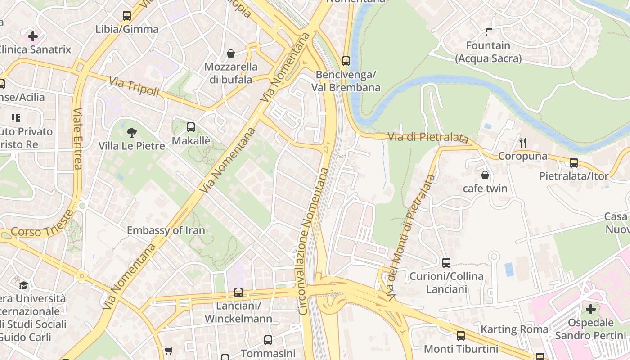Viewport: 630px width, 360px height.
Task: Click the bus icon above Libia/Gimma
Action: [127, 16]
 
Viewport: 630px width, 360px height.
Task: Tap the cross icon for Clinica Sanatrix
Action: [33, 36]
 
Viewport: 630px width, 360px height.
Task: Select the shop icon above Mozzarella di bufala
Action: [231, 54]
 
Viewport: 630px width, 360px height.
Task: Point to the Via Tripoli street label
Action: [134, 86]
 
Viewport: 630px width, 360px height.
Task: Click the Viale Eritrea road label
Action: [77, 139]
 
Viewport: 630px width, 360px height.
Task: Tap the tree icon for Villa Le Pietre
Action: [132, 132]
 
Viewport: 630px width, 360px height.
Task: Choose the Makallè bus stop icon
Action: [191, 127]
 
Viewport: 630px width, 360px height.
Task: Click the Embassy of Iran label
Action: [166, 230]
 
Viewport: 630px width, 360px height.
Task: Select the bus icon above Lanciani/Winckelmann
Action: [238, 292]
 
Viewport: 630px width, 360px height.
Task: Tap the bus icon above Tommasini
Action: [268, 340]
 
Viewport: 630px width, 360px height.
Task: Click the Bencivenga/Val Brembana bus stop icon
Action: [346, 61]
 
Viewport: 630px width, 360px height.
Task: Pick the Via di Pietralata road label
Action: [427, 138]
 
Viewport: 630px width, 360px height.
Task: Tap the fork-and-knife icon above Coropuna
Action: [523, 143]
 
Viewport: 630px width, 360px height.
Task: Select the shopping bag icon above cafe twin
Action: [485, 175]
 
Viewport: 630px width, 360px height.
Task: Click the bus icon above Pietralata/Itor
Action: [574, 162]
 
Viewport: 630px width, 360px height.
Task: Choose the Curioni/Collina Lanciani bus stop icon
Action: [446, 262]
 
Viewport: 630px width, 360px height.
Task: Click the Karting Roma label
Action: [514, 329]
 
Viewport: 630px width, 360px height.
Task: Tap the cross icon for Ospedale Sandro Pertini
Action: [591, 309]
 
